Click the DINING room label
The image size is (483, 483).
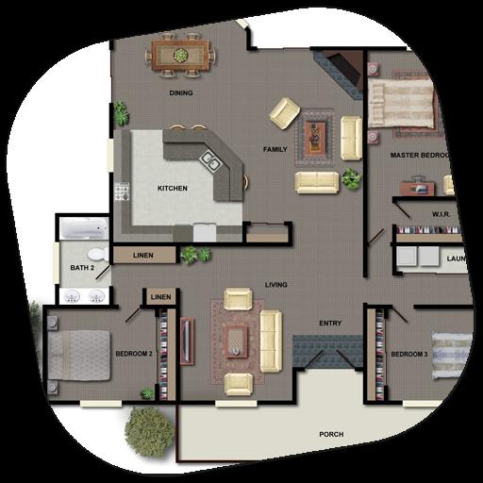tap(180, 93)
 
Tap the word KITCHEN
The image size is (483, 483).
tap(172, 189)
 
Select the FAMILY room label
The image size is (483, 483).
tap(275, 150)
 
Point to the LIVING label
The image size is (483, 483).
tap(276, 285)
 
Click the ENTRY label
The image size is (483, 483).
tap(330, 324)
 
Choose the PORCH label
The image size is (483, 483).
tap(331, 435)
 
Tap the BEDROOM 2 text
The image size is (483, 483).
tap(134, 354)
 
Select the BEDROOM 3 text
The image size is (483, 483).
tap(409, 354)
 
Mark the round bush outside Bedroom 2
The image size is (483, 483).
tap(148, 429)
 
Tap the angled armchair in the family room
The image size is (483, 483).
tap(284, 113)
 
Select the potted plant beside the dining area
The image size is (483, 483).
tap(120, 114)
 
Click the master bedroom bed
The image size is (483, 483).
tap(404, 104)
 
